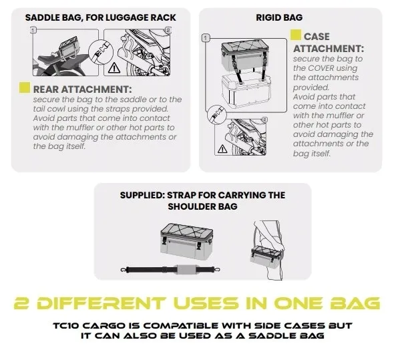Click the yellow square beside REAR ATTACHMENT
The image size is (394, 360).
(24, 88)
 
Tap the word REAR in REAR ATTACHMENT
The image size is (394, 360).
(49, 89)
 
